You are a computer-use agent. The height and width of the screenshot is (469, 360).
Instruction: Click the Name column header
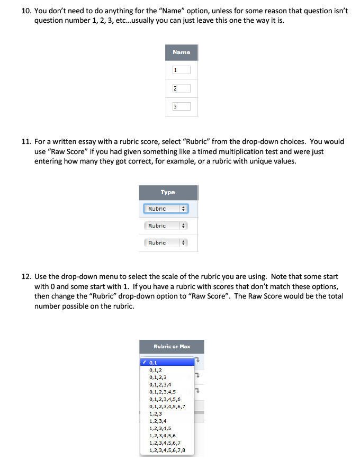(181, 52)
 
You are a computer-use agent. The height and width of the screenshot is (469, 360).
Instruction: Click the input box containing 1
(181, 70)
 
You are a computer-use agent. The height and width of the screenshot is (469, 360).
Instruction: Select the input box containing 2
(181, 88)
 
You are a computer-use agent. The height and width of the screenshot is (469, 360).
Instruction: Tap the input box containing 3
(181, 106)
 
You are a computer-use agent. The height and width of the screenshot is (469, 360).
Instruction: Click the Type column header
(168, 193)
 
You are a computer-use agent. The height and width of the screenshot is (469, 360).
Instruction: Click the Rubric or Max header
(172, 347)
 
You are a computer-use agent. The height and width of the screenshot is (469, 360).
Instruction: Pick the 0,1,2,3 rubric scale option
(158, 377)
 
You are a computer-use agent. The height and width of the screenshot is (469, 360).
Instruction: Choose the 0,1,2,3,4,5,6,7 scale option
(167, 407)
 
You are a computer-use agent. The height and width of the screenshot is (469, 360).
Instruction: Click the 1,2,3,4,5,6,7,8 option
(167, 450)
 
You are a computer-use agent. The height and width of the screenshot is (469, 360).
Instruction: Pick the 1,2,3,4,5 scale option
(160, 428)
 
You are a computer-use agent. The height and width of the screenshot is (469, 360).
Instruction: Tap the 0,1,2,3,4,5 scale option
(163, 392)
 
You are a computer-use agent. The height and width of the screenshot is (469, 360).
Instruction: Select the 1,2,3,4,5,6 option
(163, 436)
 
